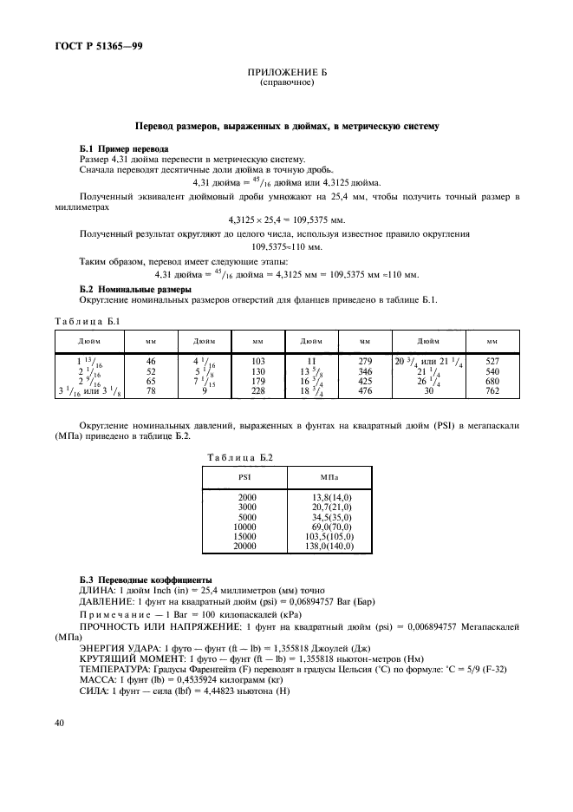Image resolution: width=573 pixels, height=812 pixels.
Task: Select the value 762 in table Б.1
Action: coord(492,391)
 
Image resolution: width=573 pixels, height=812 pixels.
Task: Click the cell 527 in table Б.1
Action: coord(492,360)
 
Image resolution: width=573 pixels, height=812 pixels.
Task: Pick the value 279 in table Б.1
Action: coord(365,360)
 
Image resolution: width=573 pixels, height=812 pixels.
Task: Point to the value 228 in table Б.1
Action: coord(257,391)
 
